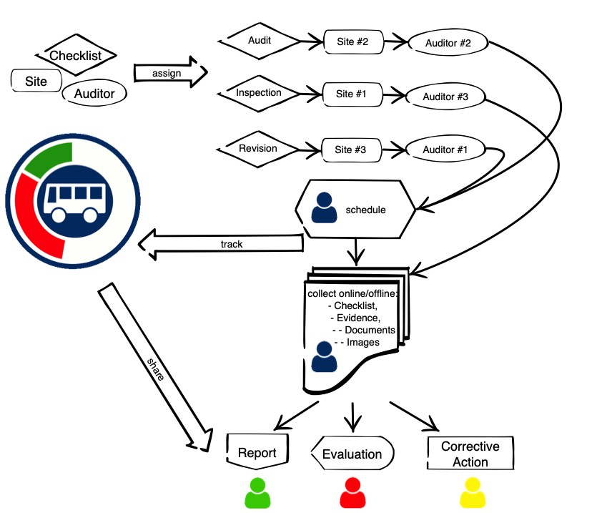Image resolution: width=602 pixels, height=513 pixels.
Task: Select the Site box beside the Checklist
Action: (x=36, y=81)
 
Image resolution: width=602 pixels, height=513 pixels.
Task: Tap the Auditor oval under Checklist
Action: (x=94, y=92)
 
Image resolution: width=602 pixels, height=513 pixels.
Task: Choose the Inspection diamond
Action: (x=259, y=93)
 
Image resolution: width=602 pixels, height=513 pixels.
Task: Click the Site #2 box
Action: (x=352, y=42)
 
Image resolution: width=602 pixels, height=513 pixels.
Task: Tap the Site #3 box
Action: (x=350, y=150)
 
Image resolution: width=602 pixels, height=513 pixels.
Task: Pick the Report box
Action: (x=257, y=452)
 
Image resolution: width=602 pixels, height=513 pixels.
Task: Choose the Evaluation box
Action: (x=351, y=454)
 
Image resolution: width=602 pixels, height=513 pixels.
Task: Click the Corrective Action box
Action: (x=470, y=454)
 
